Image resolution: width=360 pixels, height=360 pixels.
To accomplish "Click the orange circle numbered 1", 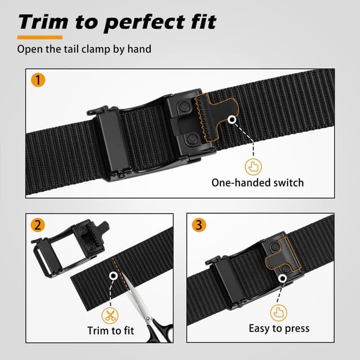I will pos(37,80).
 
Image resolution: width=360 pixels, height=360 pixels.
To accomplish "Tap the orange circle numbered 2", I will pos(37,225).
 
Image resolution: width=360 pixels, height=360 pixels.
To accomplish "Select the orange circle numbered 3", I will pos(199,225).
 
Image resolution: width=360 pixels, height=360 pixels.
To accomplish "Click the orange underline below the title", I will pos(39,38).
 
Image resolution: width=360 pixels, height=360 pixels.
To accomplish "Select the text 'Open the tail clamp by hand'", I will pos(84,49).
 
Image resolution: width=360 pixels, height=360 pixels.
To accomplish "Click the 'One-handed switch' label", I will pos(257,182).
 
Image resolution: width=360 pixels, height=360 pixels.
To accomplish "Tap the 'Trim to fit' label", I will pos(111,331).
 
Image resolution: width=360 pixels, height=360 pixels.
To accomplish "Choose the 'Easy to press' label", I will pos(279,328).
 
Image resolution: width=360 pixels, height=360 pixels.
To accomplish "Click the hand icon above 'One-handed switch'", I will pos(254,166).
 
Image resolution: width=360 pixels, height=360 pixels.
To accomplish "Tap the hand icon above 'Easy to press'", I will pos(279,312).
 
